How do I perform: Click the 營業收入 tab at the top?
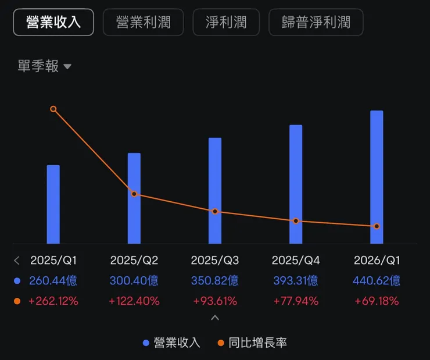coord(53,23)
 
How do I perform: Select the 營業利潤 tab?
coord(143,23)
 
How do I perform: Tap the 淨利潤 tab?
coord(226,23)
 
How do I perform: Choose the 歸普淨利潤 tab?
coord(316,23)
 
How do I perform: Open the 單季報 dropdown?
coord(44,66)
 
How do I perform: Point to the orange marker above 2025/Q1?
coord(53,109)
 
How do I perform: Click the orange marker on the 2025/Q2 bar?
coord(134,194)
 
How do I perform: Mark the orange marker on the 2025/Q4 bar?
coord(296,221)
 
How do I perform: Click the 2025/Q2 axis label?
coord(134,260)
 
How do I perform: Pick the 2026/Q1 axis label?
coord(377,260)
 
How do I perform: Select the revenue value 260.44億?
coord(53,280)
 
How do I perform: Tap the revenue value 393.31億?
coord(296,280)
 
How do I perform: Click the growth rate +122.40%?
coord(134,301)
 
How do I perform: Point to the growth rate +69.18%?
coord(377,301)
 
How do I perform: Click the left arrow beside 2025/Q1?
coord(17,261)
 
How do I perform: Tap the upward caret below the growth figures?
coord(215,318)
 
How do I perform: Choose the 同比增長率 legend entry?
coord(252,343)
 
